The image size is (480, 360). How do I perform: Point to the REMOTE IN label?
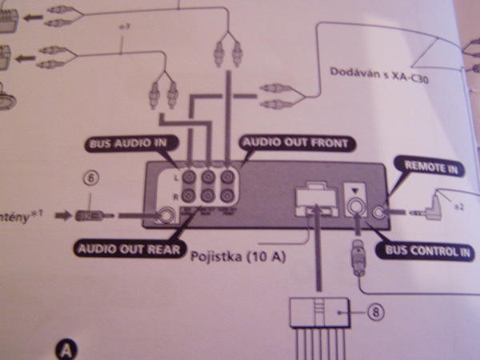430,169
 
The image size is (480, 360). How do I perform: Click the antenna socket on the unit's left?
166,214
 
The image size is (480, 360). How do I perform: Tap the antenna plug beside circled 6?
86,215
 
